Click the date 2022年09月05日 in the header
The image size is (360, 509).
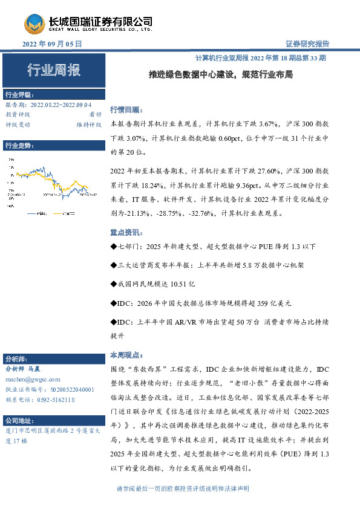coord(52,44)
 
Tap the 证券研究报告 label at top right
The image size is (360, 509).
coord(307,44)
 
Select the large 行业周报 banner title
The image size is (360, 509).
coord(53,71)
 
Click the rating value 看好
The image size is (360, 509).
coord(95,114)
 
